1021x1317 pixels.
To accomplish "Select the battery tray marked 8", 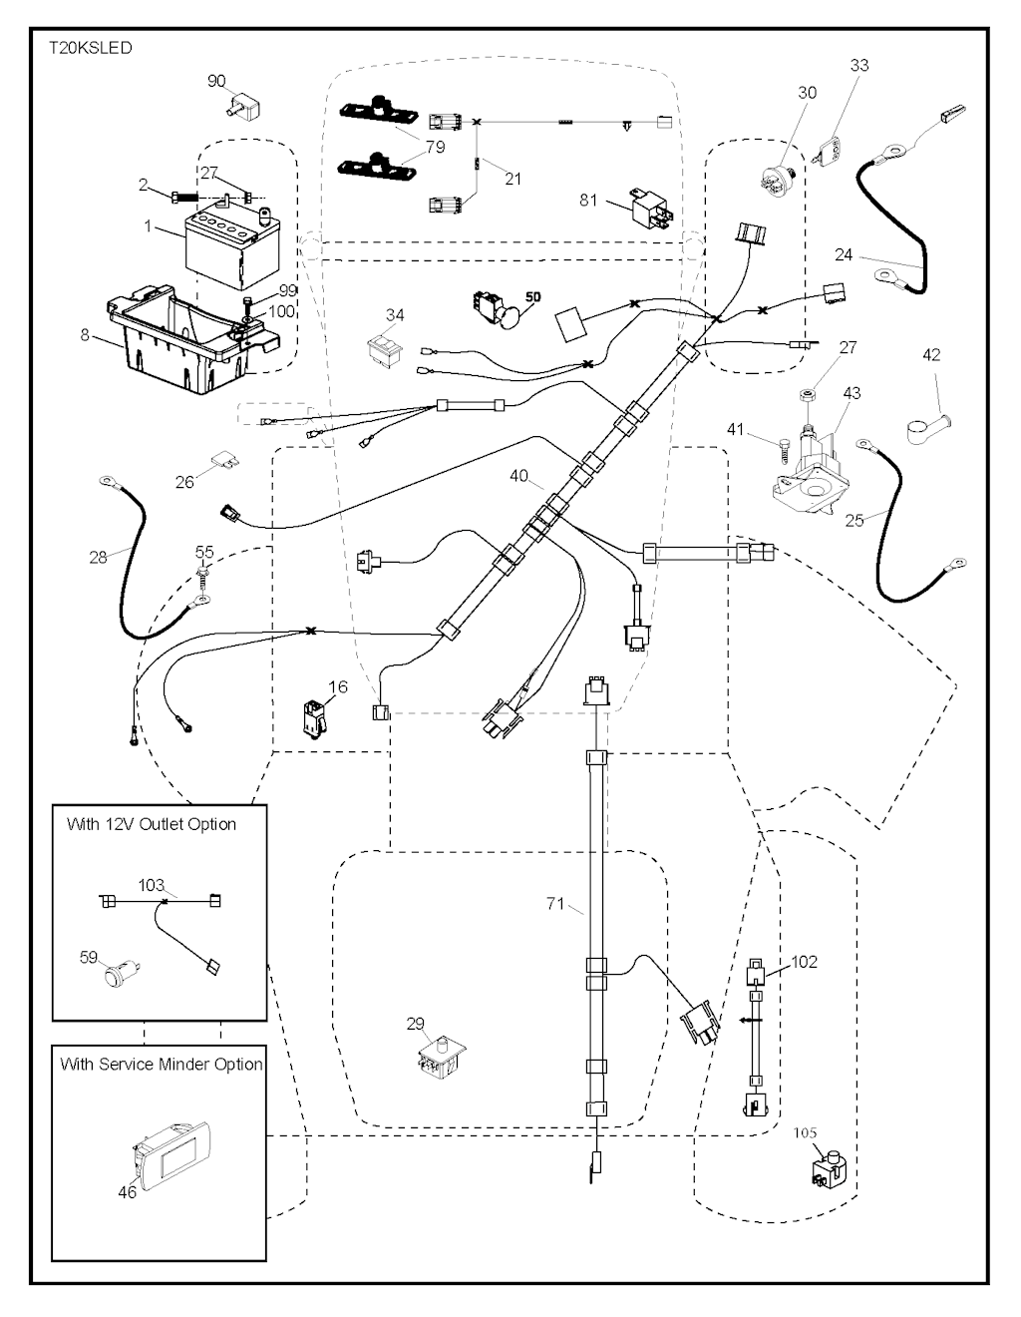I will tap(185, 339).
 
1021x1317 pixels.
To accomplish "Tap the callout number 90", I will tap(216, 81).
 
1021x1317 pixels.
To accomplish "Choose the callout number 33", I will tap(859, 65).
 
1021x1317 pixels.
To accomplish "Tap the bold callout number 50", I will tap(532, 296).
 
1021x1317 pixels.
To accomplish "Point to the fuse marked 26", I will tap(225, 464).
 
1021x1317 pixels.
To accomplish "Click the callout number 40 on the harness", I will tap(518, 476).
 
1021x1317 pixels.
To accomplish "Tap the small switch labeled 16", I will tap(312, 718).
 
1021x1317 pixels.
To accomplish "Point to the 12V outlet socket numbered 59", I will tap(123, 971).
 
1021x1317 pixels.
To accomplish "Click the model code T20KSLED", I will tap(90, 48).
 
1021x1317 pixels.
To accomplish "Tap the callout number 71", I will tap(555, 904).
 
